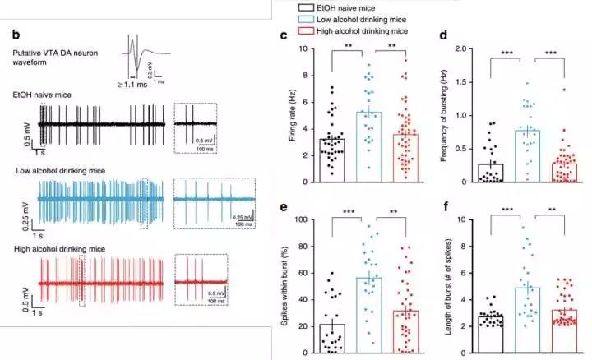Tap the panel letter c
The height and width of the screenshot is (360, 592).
284,36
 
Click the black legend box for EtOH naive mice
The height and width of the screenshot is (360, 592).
303,6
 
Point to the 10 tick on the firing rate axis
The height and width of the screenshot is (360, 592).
305,48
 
